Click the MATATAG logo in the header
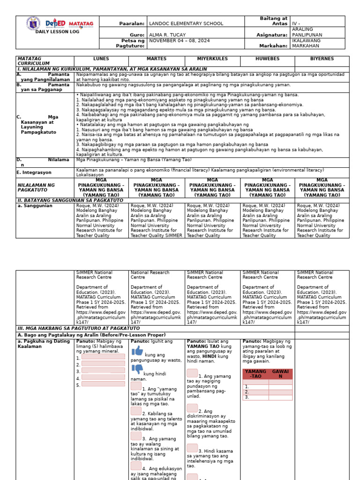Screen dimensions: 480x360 click(x=81, y=23)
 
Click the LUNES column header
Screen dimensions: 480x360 click(x=101, y=59)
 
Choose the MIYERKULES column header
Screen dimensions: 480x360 click(x=212, y=59)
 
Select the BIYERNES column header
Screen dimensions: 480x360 click(x=322, y=59)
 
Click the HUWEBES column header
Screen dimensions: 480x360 click(x=267, y=59)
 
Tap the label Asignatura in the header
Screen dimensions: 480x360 click(x=272, y=35)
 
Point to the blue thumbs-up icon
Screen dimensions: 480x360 click(x=137, y=351)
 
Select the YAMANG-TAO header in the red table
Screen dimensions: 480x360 click(x=255, y=374)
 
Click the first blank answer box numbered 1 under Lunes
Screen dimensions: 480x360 click(x=103, y=357)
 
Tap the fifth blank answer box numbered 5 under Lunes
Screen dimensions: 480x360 click(x=103, y=384)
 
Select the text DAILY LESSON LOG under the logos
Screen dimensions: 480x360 click(x=57, y=31)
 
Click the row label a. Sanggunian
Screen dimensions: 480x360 click(x=33, y=205)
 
